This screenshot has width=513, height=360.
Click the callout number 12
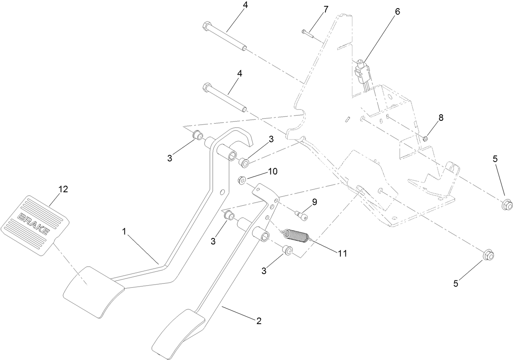click(63, 189)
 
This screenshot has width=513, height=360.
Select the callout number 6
click(397, 11)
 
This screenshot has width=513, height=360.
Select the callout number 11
click(342, 253)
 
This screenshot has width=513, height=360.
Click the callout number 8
click(440, 118)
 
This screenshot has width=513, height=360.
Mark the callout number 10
click(272, 171)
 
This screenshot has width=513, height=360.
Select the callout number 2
click(259, 321)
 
